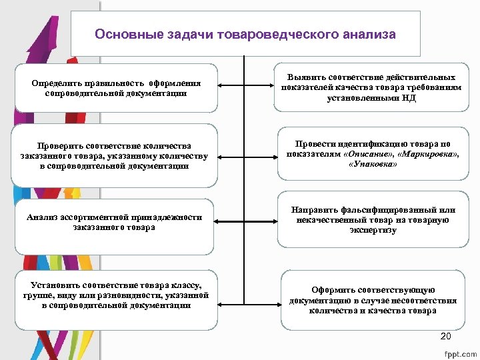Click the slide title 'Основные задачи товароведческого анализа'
[x=245, y=34]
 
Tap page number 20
[x=446, y=335]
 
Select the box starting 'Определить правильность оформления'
[x=116, y=88]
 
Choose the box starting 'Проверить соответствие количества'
[x=116, y=155]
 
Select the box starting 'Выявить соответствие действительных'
[x=372, y=86]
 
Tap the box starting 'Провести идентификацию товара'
[x=372, y=154]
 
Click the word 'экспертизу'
[x=373, y=230]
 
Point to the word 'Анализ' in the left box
[x=41, y=217]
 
